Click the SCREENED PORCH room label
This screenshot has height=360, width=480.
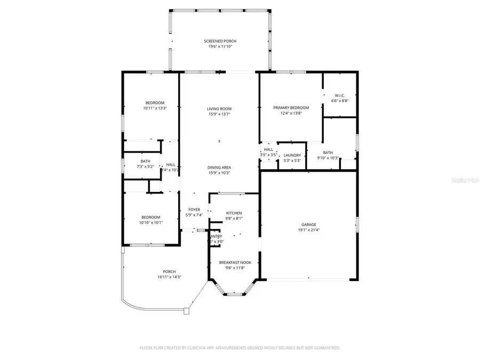click(x=220, y=41)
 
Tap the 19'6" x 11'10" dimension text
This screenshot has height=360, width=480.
click(x=220, y=46)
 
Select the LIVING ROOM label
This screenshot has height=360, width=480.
click(x=219, y=109)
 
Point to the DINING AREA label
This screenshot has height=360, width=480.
click(x=219, y=167)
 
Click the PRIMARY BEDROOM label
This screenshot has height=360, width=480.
click(x=291, y=108)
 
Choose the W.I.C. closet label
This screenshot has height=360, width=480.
click(x=340, y=95)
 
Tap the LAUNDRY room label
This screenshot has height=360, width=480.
click(x=292, y=155)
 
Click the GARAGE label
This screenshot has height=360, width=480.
click(x=308, y=225)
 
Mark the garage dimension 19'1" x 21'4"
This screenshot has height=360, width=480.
click(x=308, y=230)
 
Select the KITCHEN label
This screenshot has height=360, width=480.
click(x=234, y=213)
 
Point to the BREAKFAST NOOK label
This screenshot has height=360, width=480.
click(x=235, y=262)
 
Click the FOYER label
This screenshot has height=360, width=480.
click(x=193, y=210)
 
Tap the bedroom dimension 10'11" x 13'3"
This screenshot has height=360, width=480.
click(x=155, y=108)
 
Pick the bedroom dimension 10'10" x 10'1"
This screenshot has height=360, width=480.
click(x=150, y=222)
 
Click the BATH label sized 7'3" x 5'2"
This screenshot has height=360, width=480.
click(x=145, y=161)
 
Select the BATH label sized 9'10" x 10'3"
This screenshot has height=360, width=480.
click(x=327, y=153)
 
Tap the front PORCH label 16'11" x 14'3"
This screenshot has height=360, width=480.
click(x=170, y=271)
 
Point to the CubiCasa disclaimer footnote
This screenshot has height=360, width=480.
click(x=239, y=348)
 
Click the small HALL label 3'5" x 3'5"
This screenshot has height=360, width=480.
click(x=268, y=150)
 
